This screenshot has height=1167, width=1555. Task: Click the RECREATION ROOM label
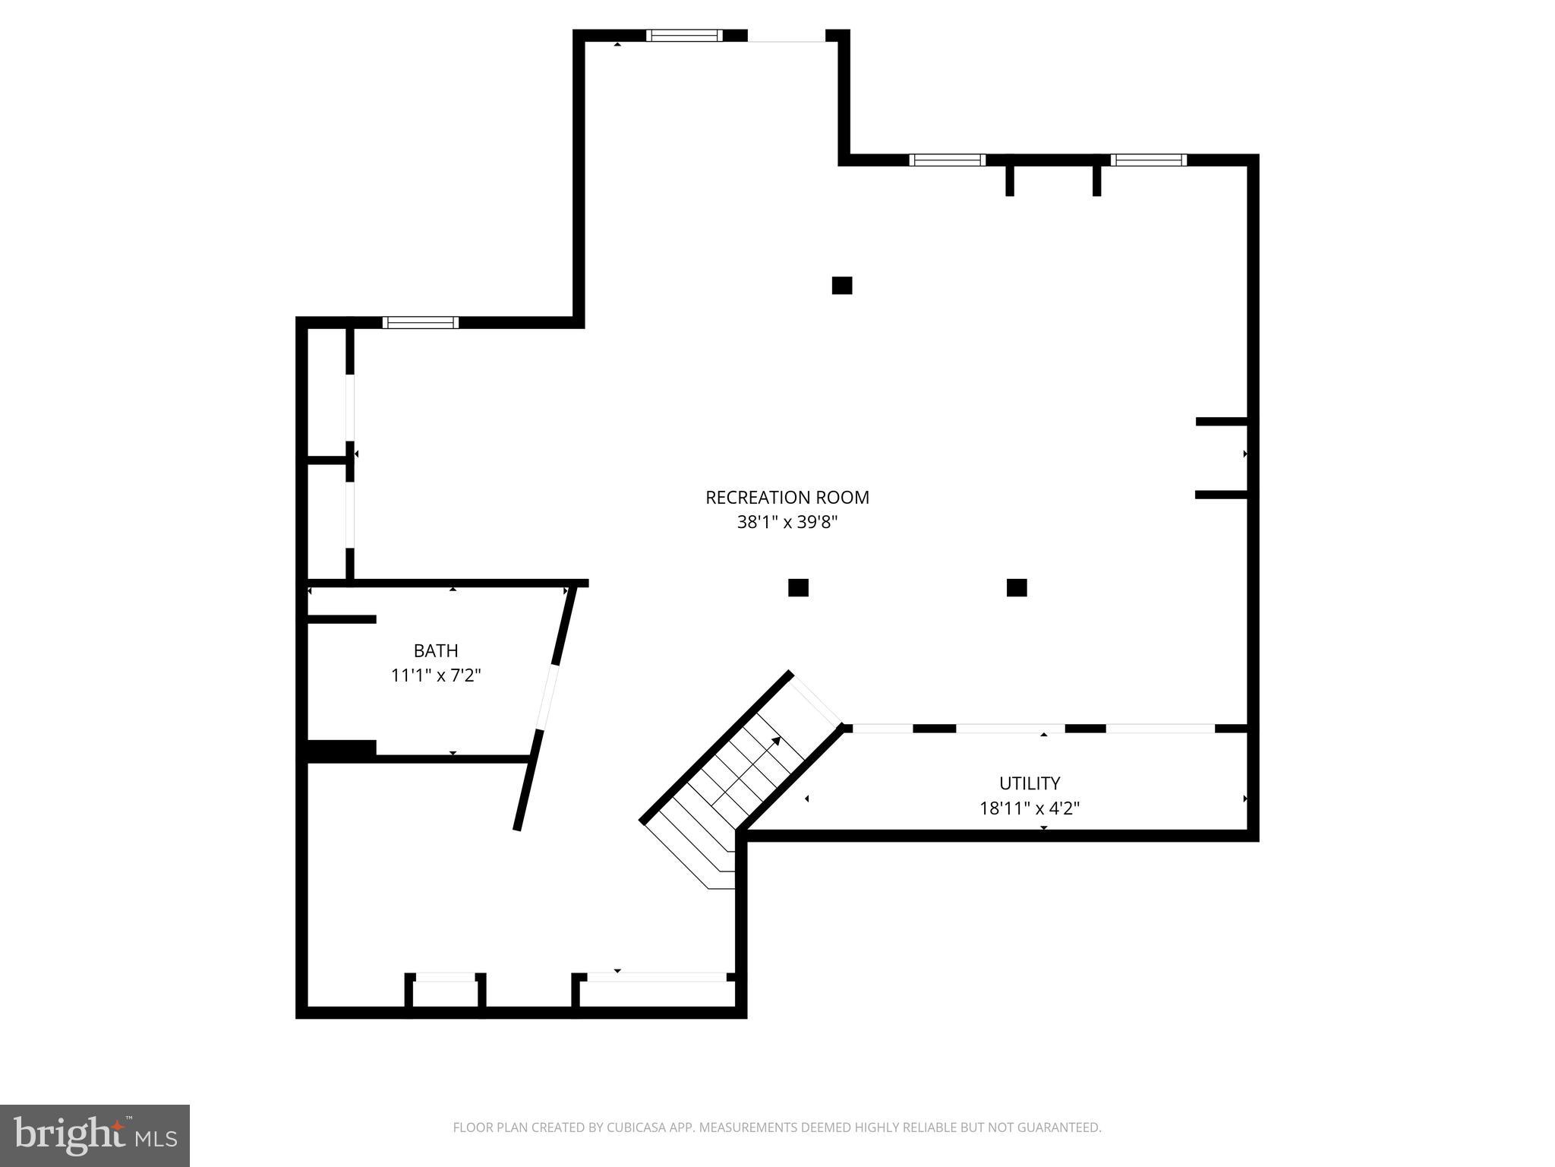[787, 498]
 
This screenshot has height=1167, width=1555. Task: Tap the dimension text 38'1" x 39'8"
[787, 523]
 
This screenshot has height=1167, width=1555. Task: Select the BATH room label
[436, 650]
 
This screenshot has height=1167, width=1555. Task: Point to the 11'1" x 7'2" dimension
[436, 675]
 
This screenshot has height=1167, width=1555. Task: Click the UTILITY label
[1029, 783]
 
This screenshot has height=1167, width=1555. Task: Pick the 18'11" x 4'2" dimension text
[1029, 808]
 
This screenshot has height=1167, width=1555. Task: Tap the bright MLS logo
[94, 1135]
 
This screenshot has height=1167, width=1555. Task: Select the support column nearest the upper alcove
[841, 286]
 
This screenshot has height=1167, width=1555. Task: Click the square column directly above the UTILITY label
[1017, 587]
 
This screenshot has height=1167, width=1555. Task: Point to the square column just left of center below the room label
[798, 587]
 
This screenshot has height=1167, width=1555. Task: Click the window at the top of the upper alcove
[684, 35]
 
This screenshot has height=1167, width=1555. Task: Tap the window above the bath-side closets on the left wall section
[420, 322]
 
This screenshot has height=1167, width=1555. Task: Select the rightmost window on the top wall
[1148, 160]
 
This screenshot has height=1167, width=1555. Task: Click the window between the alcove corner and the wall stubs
[947, 160]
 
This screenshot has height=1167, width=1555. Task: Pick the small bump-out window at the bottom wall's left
[445, 977]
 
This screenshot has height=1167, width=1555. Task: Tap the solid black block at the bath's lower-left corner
[341, 749]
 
